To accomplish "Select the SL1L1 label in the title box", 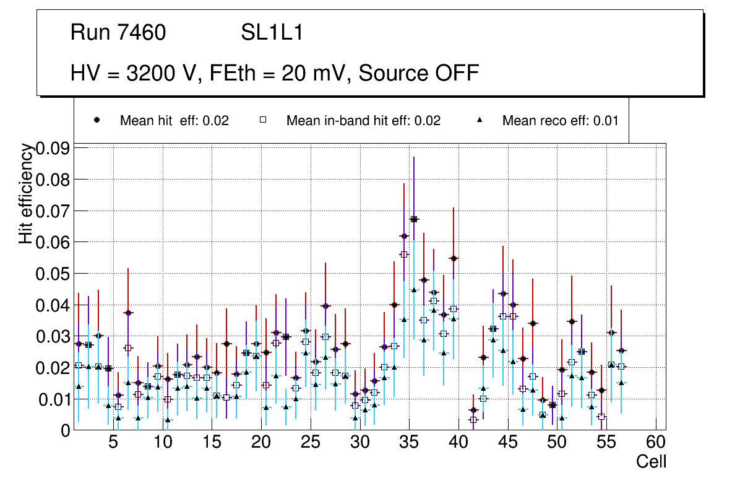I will click(272, 33).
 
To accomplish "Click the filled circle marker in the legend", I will click(97, 120).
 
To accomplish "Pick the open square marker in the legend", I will click(263, 120).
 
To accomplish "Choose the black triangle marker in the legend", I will click(480, 120).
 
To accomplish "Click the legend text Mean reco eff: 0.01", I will click(560, 121).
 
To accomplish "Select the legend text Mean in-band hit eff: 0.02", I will click(363, 121).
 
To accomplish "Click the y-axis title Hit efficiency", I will click(25, 193).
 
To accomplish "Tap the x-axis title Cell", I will click(652, 462).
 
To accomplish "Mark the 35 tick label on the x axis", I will click(409, 443).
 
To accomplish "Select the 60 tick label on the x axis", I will click(656, 443).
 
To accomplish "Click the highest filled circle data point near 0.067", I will click(414, 219).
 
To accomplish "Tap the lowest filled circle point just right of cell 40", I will click(473, 410).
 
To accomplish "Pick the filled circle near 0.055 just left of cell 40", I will click(454, 258).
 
